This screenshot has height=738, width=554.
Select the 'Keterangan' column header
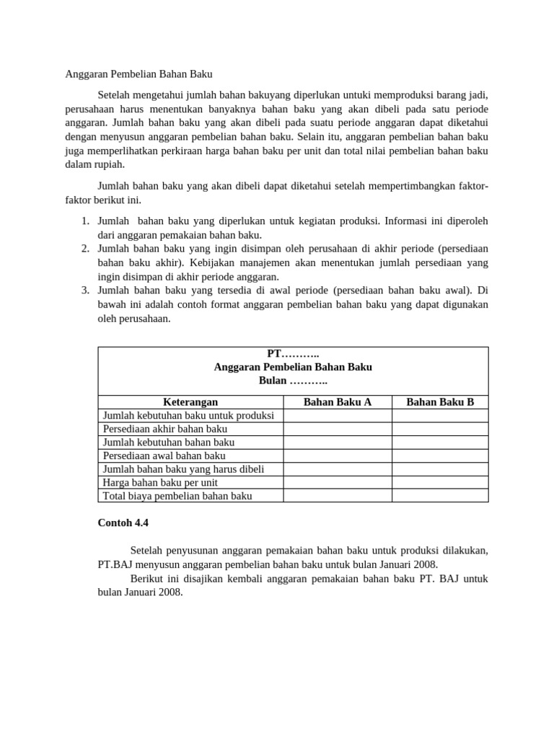point(190,402)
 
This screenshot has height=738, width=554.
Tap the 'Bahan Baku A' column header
point(337,402)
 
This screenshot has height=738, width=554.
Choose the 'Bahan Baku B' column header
point(440,402)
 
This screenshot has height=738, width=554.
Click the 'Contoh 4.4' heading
point(123,523)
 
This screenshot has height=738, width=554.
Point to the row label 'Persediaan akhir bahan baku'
point(165,429)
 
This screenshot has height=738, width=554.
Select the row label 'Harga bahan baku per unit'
point(160,482)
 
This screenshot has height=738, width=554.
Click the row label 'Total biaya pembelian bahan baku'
point(177,496)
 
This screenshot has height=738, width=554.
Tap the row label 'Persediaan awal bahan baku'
point(164,455)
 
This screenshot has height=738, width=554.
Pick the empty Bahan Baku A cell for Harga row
point(337,482)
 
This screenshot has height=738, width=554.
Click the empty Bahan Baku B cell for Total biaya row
point(440,496)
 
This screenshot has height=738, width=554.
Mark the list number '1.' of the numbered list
point(84,221)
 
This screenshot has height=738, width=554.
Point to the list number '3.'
point(84,290)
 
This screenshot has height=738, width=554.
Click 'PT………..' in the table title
point(293,354)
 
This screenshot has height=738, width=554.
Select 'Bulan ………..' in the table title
point(293,381)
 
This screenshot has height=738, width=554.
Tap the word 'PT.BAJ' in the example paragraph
point(114,564)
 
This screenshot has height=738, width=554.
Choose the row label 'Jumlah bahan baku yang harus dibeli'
point(183,469)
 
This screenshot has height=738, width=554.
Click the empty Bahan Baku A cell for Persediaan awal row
point(337,455)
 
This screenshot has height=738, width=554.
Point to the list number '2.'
point(84,249)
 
